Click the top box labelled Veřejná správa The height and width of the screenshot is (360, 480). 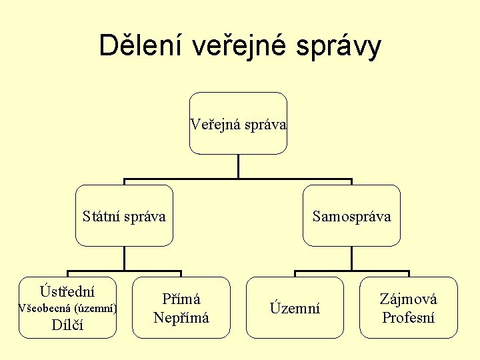point(238,123)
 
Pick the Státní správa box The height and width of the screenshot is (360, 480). point(124,216)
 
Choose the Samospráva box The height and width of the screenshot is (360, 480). point(352,216)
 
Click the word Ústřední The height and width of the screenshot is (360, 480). point(67,291)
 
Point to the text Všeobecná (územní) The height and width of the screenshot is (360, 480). point(67,308)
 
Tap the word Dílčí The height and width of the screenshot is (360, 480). point(67,325)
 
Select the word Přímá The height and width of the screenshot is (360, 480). point(181,299)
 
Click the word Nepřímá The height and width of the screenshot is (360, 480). point(181,317)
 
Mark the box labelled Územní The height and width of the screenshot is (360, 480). point(295,308)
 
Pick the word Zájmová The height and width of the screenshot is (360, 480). point(409,299)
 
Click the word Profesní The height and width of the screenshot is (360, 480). point(409,317)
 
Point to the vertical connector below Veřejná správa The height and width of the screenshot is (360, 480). point(238,167)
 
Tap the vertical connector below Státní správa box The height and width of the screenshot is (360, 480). point(124,259)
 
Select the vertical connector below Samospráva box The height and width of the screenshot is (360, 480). point(352,259)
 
